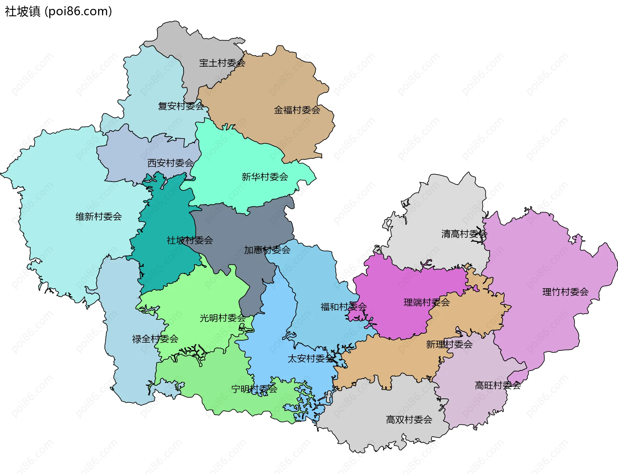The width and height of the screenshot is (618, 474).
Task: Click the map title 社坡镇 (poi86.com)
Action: [58, 11]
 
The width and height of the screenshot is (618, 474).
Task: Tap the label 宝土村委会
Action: [222, 63]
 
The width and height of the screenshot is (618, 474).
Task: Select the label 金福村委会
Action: [297, 110]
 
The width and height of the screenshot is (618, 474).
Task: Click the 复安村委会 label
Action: [181, 106]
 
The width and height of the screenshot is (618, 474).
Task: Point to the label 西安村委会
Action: [170, 163]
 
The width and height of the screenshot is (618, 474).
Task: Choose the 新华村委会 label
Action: [265, 177]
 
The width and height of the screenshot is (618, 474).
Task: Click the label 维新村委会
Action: [98, 217]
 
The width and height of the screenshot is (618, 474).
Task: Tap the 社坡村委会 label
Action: [190, 240]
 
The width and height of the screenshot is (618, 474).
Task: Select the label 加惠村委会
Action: [267, 250]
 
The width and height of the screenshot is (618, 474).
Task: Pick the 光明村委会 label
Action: [222, 318]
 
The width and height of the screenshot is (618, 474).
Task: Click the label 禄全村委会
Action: [155, 339]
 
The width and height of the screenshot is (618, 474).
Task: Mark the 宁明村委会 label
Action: [254, 389]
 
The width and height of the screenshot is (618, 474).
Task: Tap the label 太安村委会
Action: [310, 358]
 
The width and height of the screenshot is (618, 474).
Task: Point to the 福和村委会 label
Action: [343, 307]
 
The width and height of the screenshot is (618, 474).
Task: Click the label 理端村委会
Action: [426, 302]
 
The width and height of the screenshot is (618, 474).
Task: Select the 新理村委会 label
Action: [449, 345]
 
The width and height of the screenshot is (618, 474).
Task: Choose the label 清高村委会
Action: [464, 234]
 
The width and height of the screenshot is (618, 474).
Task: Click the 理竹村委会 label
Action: [565, 292]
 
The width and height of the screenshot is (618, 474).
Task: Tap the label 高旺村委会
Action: [498, 385]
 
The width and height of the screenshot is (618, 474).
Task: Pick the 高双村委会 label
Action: [409, 420]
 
